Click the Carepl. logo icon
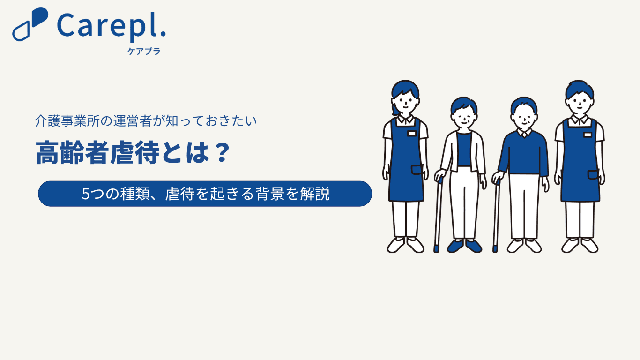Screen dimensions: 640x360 point(30,24)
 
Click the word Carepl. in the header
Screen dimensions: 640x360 point(112,26)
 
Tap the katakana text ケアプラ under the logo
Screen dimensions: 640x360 point(144,51)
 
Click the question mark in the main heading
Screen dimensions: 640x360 point(222,152)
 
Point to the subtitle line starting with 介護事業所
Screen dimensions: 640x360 point(146,121)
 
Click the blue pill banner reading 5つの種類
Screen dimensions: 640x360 point(205,194)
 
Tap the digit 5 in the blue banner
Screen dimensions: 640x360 point(86,194)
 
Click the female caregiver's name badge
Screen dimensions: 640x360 point(412,134)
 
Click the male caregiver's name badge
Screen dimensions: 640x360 point(588,135)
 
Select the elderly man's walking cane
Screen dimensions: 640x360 point(497,215)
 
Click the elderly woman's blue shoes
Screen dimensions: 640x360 point(464,246)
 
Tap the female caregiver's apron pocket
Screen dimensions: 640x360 point(417,170)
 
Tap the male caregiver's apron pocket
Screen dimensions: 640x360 point(593,174)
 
